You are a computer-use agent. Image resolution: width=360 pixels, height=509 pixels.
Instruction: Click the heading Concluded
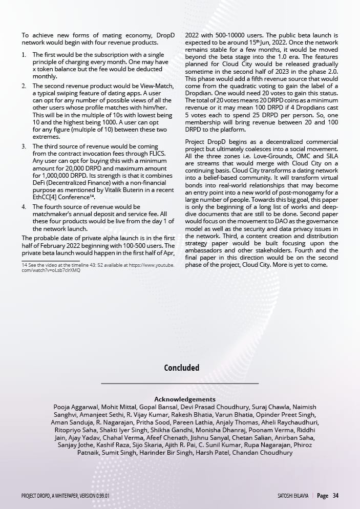point(181,368)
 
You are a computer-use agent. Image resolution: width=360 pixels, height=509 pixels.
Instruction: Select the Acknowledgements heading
point(184,399)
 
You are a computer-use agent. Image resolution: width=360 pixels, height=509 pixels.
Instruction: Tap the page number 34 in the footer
point(335,496)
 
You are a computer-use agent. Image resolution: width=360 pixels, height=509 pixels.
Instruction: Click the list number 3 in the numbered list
point(24,146)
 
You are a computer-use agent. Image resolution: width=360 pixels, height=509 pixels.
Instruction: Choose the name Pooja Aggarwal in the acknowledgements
point(76,407)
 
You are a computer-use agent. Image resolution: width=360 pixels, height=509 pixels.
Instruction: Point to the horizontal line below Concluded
point(180,383)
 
